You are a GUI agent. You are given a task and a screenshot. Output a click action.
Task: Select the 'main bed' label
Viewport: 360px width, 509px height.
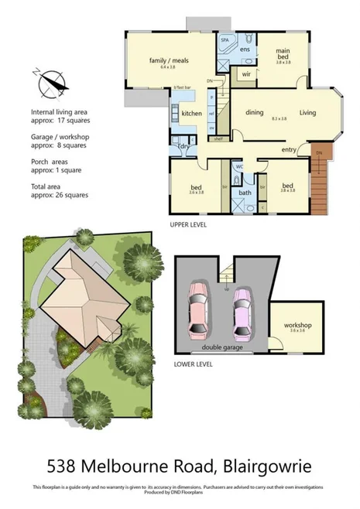point(283,53)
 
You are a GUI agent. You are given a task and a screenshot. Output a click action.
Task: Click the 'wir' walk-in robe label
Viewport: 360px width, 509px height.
point(246,74)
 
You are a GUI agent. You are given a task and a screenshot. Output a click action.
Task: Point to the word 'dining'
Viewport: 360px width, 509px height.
point(255,113)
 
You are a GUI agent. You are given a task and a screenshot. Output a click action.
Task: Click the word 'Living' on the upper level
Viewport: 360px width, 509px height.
point(308,113)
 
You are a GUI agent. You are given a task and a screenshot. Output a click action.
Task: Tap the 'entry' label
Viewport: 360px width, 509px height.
point(290,149)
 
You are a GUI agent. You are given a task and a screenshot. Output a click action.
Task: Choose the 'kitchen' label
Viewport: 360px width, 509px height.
point(191,114)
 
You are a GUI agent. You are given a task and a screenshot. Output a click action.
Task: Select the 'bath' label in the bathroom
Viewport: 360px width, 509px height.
point(245,193)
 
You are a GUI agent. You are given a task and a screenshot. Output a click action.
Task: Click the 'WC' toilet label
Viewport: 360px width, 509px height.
point(239,166)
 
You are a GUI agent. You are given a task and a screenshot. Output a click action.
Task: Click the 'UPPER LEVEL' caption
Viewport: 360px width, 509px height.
point(188,224)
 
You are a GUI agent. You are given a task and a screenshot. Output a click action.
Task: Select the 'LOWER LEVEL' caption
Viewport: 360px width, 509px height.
point(194,363)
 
